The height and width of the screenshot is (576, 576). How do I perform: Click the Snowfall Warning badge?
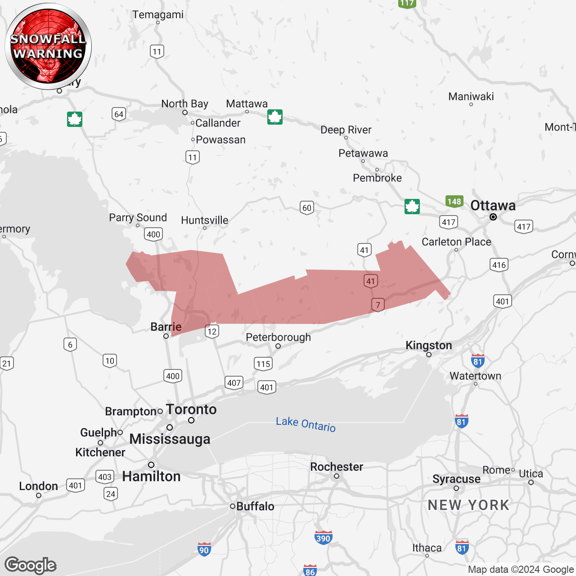tap(48, 46)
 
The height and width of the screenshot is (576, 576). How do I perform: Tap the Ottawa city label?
tap(493, 206)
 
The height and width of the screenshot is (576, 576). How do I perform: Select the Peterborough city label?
tap(278, 337)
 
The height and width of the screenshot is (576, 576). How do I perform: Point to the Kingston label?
tap(428, 345)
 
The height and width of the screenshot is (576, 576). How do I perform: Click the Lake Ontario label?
tap(306, 424)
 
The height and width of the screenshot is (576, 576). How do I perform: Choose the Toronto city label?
tap(191, 409)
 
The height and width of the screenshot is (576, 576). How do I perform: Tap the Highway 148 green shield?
tap(454, 201)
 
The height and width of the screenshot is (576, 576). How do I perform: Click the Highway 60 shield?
tap(307, 207)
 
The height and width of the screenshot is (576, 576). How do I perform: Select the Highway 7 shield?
tap(378, 305)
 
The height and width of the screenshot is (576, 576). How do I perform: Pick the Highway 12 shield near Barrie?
tap(212, 331)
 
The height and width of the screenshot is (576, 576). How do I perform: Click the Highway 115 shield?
tap(263, 364)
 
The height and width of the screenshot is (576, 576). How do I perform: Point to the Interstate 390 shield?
tap(323, 538)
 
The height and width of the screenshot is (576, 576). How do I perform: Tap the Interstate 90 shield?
tap(204, 549)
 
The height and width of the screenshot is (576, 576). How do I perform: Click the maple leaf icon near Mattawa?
tap(274, 117)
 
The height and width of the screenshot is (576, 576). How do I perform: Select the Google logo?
tap(31, 565)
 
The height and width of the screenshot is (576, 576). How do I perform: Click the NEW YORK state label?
tap(468, 505)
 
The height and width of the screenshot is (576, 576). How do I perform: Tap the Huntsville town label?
tap(204, 220)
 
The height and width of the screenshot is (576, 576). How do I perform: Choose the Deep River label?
tap(346, 130)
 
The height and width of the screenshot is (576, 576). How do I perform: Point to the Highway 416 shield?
tap(499, 265)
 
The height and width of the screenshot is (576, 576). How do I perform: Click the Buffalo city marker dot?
tap(233, 506)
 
